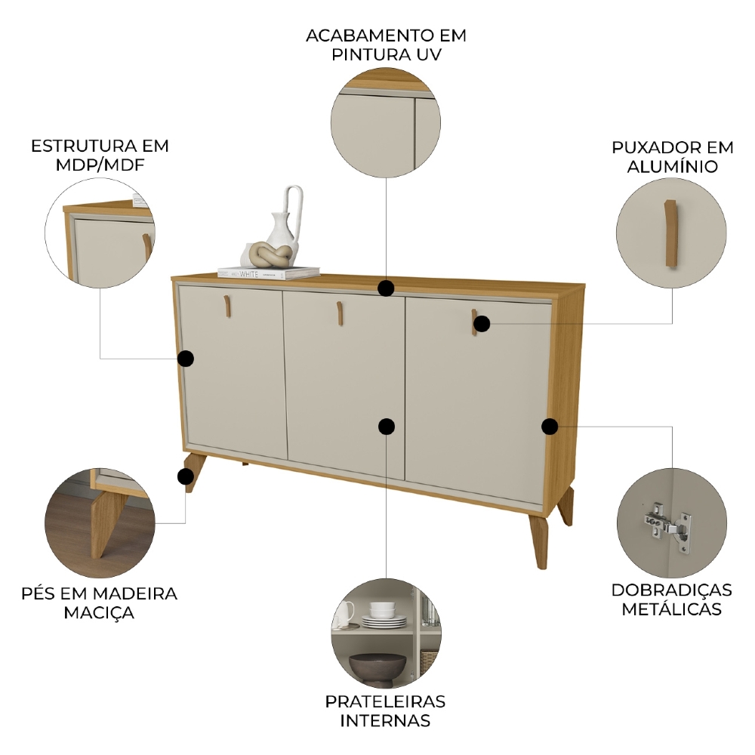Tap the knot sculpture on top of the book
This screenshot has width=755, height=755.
point(267,254)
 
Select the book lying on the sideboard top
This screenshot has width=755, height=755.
point(268,273)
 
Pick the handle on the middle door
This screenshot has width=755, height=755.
point(341,313)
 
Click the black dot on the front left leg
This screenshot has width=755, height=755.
point(184,476)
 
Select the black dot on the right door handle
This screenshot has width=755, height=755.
point(482,324)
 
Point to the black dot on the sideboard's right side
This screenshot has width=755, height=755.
point(550,427)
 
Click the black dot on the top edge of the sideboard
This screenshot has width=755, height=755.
point(387,288)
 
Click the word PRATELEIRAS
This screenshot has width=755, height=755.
point(385,701)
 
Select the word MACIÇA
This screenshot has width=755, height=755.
point(99,612)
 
